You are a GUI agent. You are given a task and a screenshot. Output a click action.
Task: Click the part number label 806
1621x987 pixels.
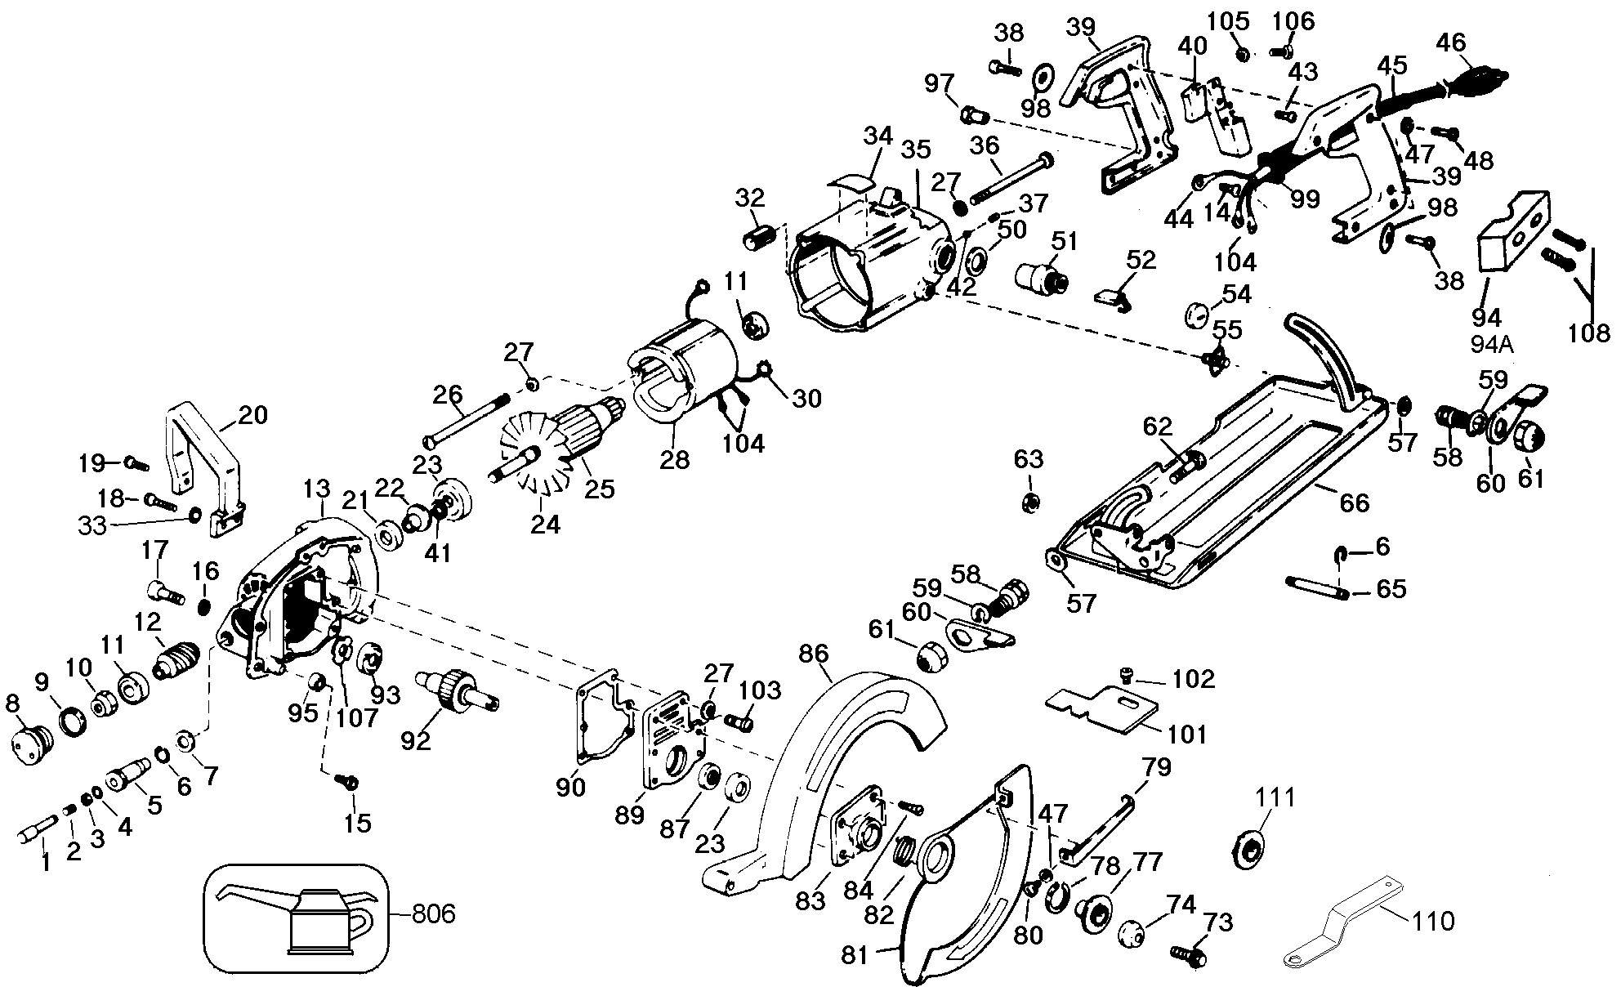point(433,913)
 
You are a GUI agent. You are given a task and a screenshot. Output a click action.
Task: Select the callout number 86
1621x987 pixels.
point(814,654)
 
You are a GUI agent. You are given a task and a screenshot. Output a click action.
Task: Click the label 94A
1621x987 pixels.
point(1494,344)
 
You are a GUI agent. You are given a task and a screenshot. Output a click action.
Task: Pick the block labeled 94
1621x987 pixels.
point(1512,233)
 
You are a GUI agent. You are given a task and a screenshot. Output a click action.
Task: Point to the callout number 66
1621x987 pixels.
point(1354,502)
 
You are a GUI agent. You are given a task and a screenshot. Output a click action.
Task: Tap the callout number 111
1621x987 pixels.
point(1275,797)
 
